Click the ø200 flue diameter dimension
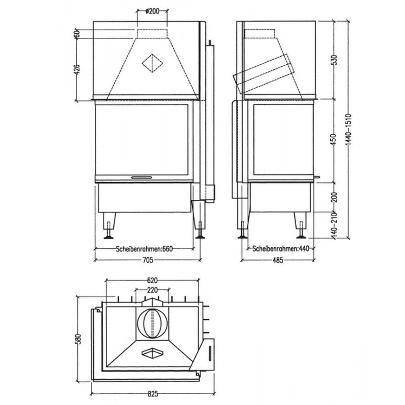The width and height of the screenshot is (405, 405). point(153,11)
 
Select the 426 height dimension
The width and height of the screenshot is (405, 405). point(77,69)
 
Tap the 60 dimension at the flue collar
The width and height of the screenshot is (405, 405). point(76,33)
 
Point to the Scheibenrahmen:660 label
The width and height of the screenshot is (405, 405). point(144,249)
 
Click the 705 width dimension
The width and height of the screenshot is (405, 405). point(148,260)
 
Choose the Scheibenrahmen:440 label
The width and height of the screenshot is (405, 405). point(281,249)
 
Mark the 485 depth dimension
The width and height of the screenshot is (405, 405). point(278,260)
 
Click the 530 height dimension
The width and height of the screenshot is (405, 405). point(334,60)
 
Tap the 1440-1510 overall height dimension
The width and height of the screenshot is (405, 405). point(349,132)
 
